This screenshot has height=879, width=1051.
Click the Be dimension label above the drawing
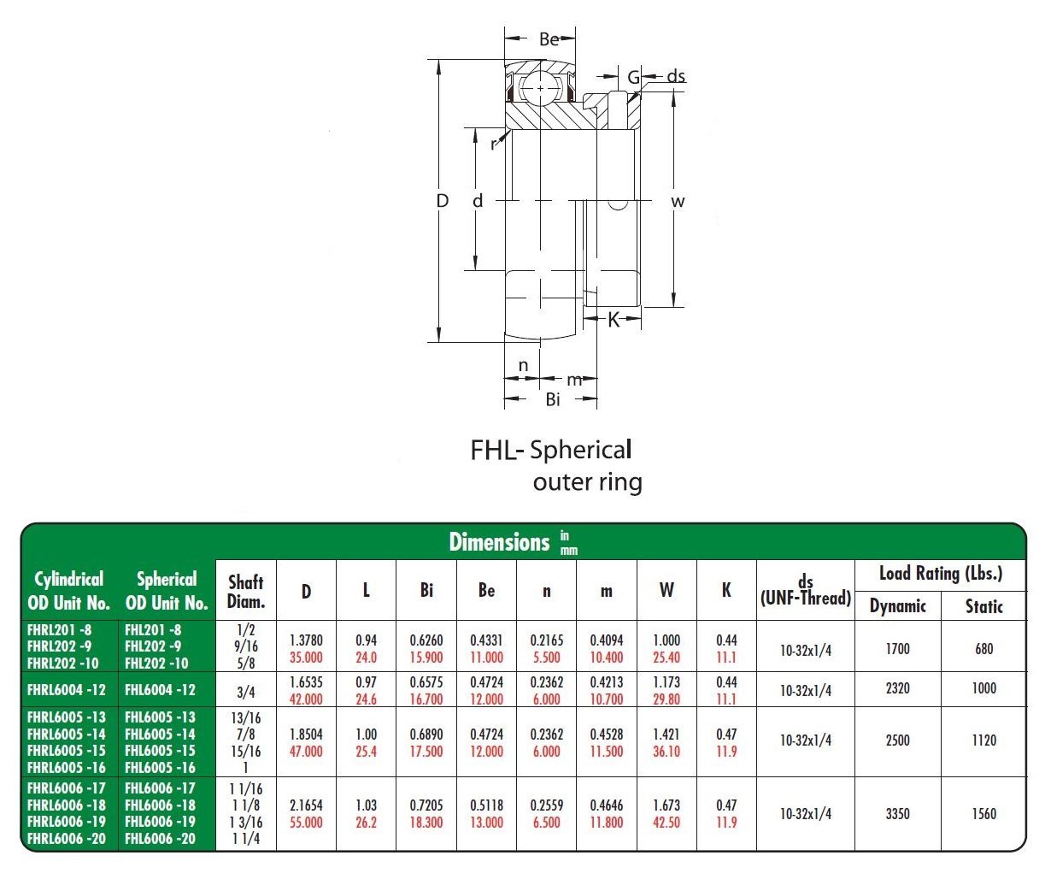click(x=549, y=39)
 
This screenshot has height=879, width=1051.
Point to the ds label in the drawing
click(x=675, y=76)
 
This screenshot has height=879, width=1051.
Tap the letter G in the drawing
click(x=633, y=78)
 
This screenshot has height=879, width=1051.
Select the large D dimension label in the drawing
click(x=442, y=201)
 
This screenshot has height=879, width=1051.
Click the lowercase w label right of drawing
click(x=678, y=202)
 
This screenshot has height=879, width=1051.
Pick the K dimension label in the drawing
click(x=613, y=321)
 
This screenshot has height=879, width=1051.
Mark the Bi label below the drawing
click(x=553, y=399)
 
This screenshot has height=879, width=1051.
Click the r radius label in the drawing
click(x=493, y=145)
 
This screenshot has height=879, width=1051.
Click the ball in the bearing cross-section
click(x=540, y=87)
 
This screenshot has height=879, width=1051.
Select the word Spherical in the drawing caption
click(x=581, y=449)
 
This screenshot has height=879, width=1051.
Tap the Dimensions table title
click(x=499, y=542)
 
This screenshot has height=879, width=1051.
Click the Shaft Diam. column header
click(x=245, y=591)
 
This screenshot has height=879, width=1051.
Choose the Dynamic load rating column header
click(x=897, y=606)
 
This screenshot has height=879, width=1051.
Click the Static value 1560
click(x=983, y=814)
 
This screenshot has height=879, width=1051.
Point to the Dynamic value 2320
click(x=897, y=688)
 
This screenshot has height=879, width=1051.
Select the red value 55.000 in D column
click(x=306, y=823)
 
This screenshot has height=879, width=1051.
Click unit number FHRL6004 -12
click(x=67, y=690)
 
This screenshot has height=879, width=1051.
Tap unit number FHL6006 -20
click(x=160, y=839)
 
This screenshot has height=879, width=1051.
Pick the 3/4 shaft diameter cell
click(x=245, y=692)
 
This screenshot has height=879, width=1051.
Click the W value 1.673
click(x=666, y=805)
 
